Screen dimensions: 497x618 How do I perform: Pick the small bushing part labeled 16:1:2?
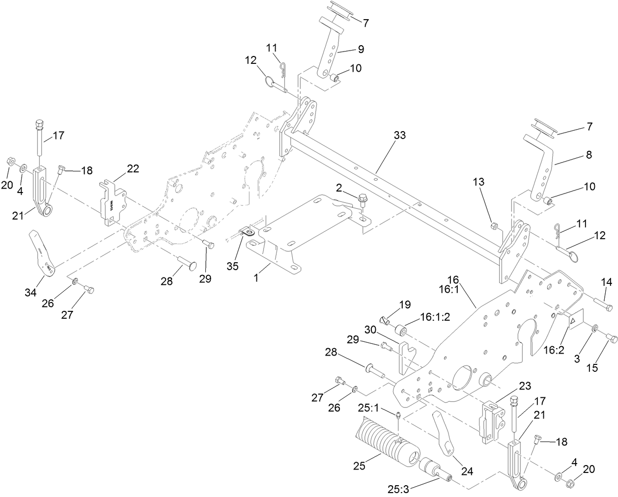tap(402, 329)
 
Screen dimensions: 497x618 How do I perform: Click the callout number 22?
tap(132, 168)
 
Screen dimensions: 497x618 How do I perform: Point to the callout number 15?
tap(592, 368)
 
